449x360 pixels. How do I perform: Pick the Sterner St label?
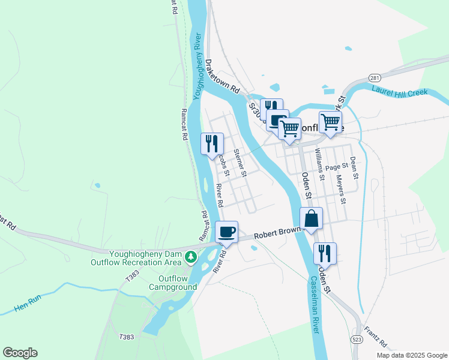[240, 163]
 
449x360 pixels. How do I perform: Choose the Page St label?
[337, 166]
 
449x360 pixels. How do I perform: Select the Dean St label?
[354, 168]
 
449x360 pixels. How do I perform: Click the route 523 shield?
[356, 339]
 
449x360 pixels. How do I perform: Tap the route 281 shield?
[375, 78]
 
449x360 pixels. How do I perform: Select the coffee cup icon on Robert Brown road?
[227, 232]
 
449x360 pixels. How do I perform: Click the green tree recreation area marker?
[191, 257]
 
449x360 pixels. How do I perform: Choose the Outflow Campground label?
[178, 283]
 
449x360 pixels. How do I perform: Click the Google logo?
[20, 353]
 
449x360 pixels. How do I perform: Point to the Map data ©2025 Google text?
[411, 355]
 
